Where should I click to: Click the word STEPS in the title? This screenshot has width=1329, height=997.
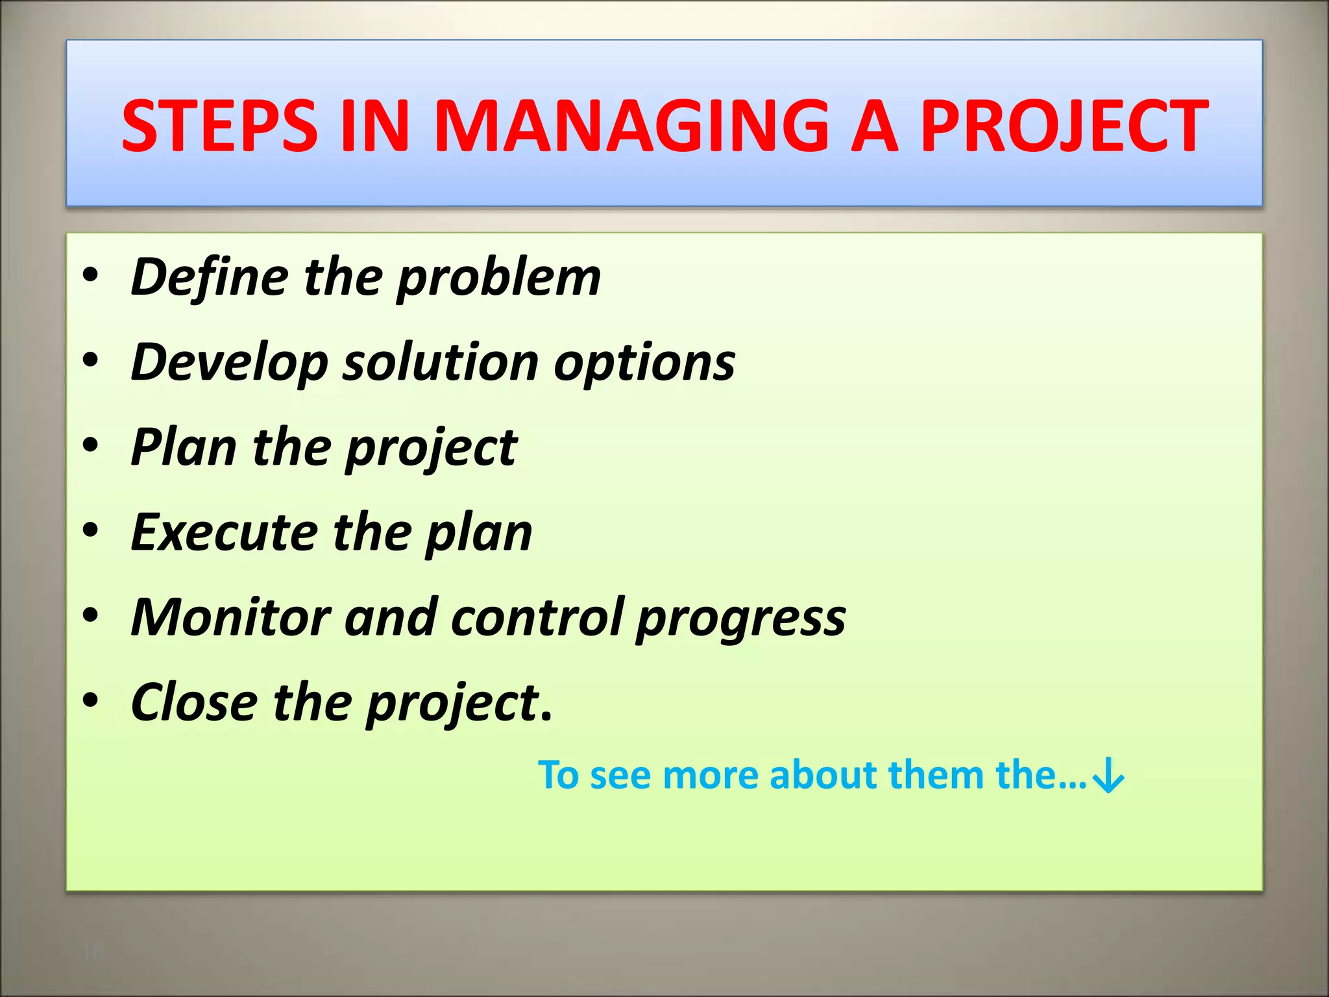tap(219, 126)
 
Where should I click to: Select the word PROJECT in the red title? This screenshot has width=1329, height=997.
tap(1064, 126)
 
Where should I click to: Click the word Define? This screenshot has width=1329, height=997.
tap(210, 277)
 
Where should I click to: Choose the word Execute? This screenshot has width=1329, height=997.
tap(224, 532)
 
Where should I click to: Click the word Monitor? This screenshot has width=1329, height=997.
tap(230, 617)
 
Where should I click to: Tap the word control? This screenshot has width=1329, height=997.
tap(537, 617)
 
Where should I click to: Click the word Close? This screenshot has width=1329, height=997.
tap(194, 702)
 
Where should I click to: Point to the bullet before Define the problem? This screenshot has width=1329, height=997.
tap(91, 275)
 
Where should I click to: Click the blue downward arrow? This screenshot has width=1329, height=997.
tap(1108, 776)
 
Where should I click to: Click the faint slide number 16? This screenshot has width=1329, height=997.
tap(93, 952)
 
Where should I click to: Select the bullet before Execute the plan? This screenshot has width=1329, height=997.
tap(91, 530)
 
